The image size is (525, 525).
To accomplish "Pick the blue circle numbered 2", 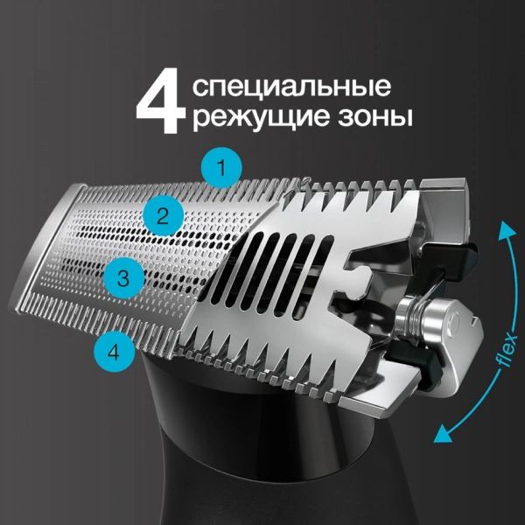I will click(164, 215).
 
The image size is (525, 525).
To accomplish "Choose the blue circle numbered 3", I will click(124, 279).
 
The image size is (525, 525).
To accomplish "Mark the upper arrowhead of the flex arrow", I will click(502, 229).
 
